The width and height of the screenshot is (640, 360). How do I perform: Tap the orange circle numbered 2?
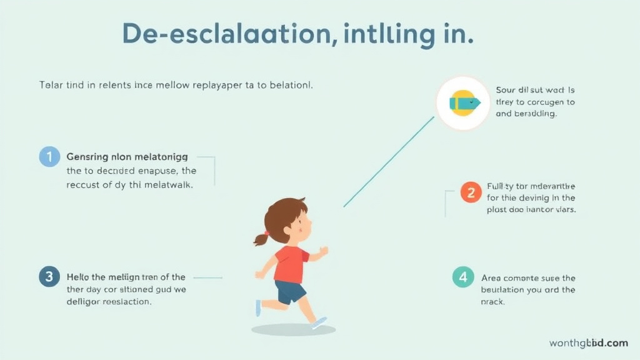coord(471,192)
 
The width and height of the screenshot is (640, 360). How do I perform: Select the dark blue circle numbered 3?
coord(49,277)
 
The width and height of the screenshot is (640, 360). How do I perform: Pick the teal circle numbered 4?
coord(463,277)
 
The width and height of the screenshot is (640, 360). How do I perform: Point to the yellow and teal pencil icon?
coord(463,103)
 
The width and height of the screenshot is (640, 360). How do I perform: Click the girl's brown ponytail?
coord(261,238)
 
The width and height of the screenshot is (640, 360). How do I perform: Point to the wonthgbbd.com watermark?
coord(589,343)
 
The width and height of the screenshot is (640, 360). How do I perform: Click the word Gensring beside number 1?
coord(87,157)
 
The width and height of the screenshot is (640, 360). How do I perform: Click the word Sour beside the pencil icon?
coord(507,90)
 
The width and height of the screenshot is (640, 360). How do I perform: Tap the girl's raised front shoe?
coord(319,323)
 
